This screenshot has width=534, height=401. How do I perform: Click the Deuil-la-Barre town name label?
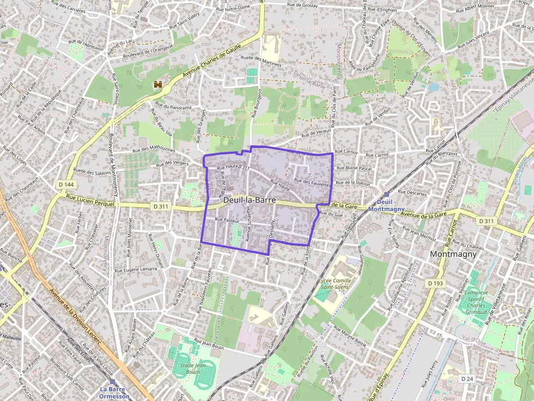click(x=249, y=200)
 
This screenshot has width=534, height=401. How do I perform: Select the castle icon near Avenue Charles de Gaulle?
click(x=159, y=85)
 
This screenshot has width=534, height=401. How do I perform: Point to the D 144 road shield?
click(x=66, y=185)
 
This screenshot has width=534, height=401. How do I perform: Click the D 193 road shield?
click(x=436, y=283)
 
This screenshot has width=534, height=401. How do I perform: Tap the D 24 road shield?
click(x=467, y=378)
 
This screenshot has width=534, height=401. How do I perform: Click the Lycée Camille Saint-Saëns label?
click(x=335, y=283)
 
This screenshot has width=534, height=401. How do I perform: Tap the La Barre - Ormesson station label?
click(x=114, y=392)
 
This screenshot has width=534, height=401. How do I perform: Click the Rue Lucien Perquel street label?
click(x=90, y=202)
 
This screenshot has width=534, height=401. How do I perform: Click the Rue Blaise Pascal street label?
click(x=354, y=169)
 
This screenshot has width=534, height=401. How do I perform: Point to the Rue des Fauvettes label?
click(x=312, y=182)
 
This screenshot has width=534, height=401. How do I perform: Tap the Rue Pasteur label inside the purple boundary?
click(x=227, y=220)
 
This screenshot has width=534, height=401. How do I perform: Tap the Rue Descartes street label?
click(x=412, y=192)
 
